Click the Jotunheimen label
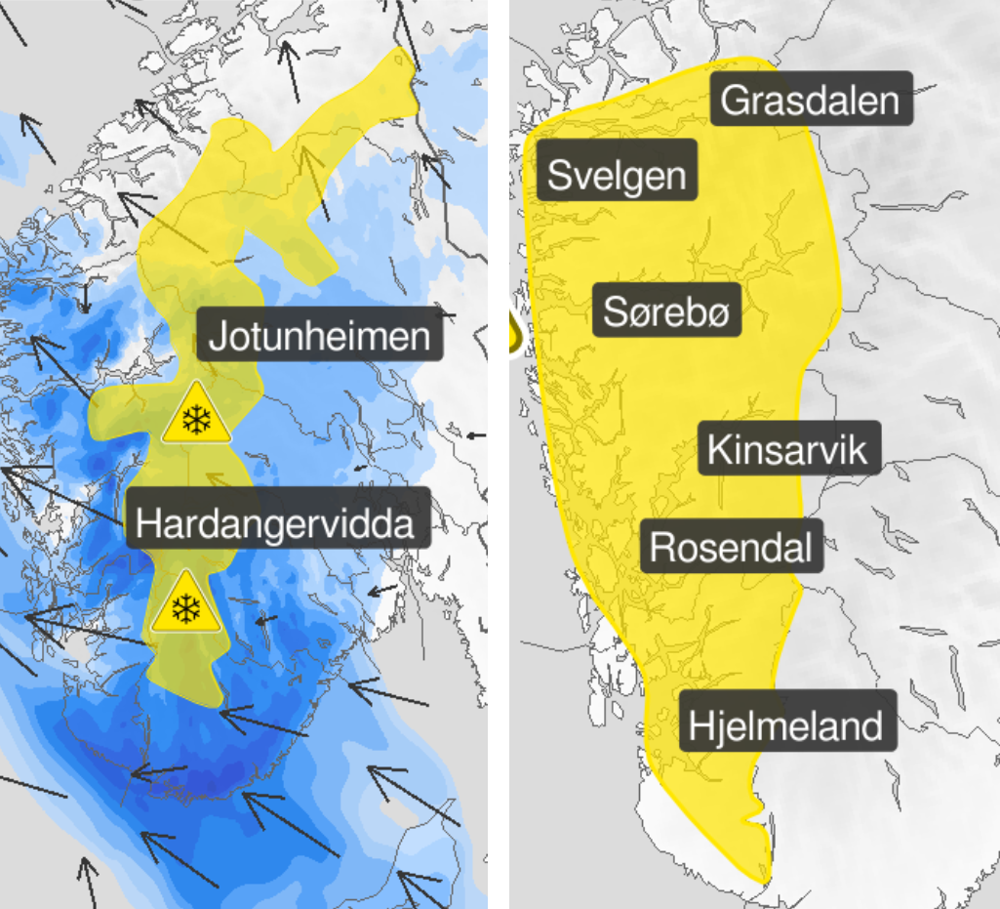[320, 337]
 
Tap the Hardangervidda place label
[277, 522]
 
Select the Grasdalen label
[811, 100]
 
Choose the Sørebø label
[666, 312]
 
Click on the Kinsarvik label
[787, 449]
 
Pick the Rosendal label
[731, 547]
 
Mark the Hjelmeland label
[785, 724]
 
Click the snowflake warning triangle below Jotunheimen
[198, 416]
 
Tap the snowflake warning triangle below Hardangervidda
[182, 605]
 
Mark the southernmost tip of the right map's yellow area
[766, 878]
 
